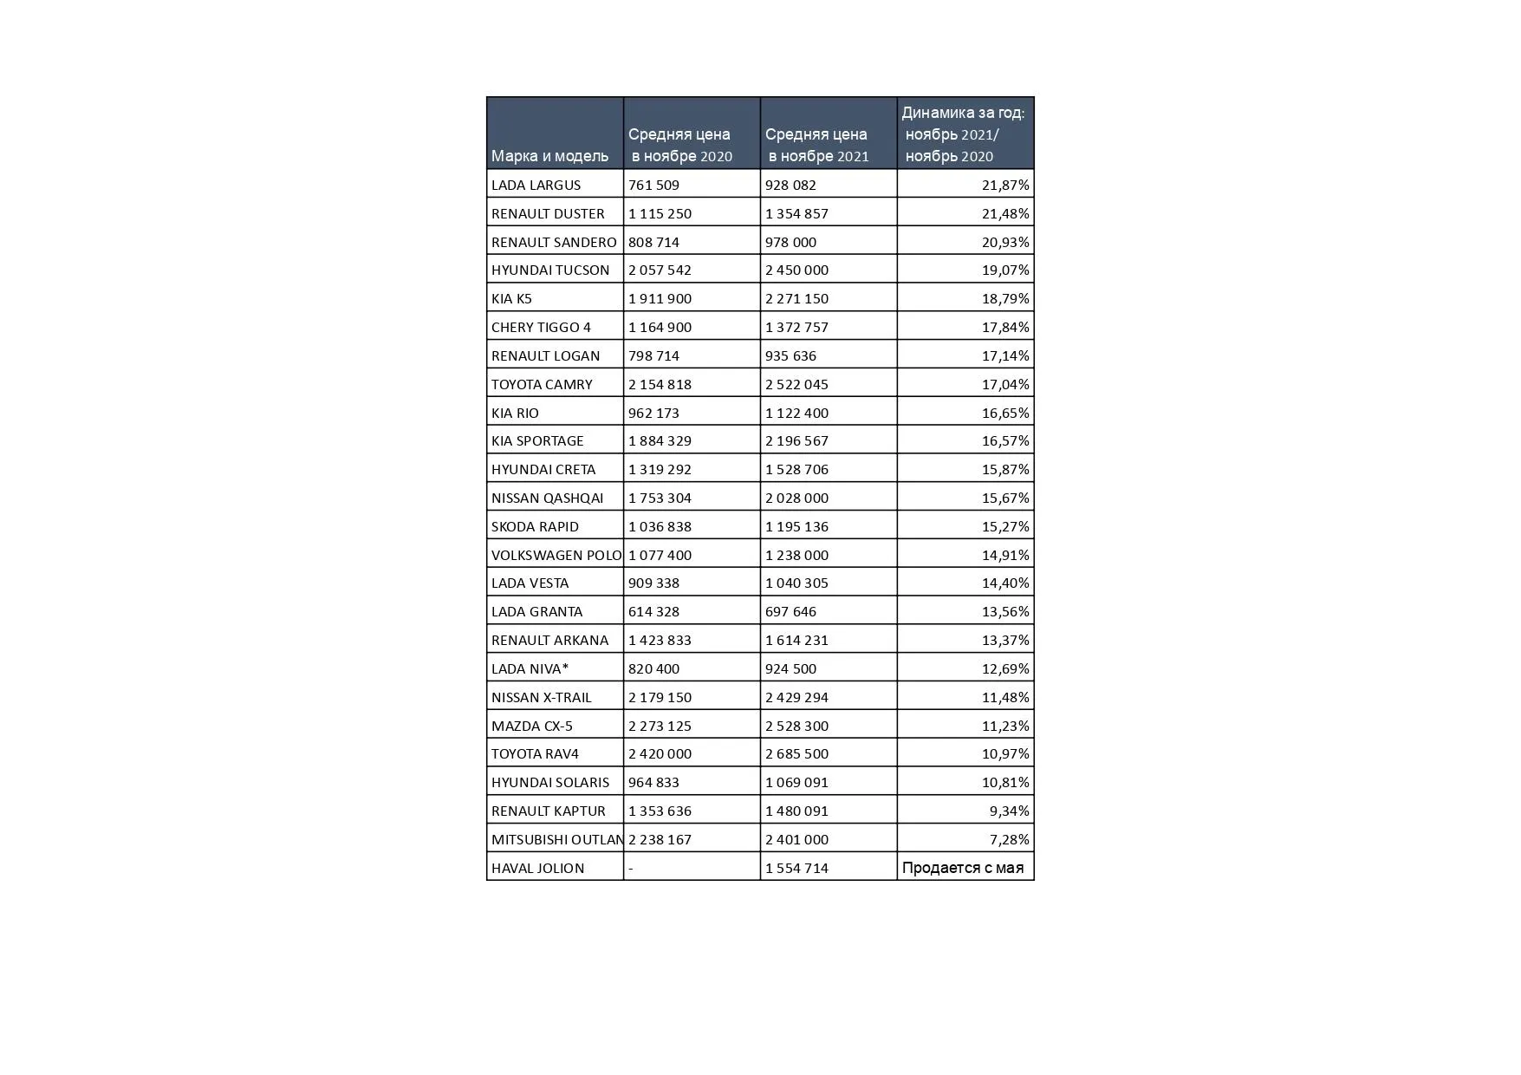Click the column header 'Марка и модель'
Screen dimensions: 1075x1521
[549, 156]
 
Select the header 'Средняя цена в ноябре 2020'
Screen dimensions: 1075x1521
[680, 145]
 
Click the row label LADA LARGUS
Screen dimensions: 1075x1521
[536, 185]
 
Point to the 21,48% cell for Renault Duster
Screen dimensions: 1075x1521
[1004, 213]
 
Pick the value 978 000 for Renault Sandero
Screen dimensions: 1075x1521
[790, 242]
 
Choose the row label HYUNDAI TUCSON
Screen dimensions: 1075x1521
[550, 270]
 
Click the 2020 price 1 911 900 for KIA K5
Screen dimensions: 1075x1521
[660, 298]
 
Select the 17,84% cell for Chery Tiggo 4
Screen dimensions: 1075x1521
[1004, 327]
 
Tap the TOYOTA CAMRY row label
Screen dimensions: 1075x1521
[542, 384]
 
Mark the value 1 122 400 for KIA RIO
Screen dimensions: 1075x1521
[796, 413]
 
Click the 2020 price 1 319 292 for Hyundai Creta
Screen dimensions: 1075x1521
[660, 469]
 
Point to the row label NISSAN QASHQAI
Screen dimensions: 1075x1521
[547, 498]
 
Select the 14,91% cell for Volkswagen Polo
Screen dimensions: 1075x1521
[1004, 555]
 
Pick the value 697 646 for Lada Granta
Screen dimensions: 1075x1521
[790, 611]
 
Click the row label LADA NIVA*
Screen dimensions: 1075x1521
[530, 668]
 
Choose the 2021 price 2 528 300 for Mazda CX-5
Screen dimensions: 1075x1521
[796, 726]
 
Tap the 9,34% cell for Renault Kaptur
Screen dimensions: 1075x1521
[1009, 811]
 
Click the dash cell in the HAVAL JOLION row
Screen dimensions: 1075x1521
[631, 868]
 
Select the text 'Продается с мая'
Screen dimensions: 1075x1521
[962, 868]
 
